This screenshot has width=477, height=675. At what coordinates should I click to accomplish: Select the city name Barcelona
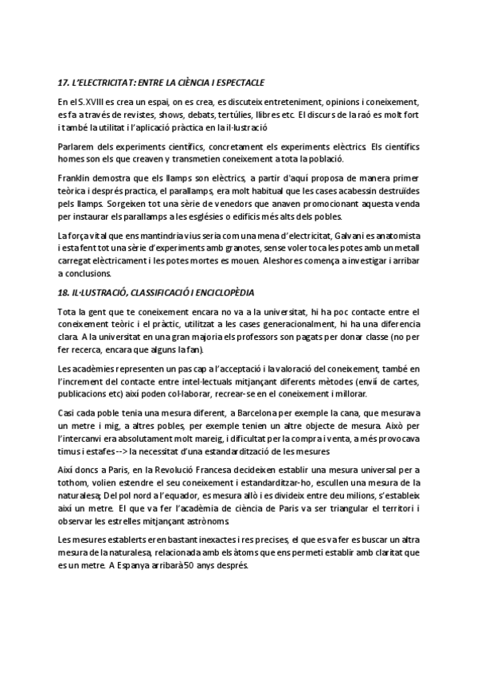click(x=257, y=412)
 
